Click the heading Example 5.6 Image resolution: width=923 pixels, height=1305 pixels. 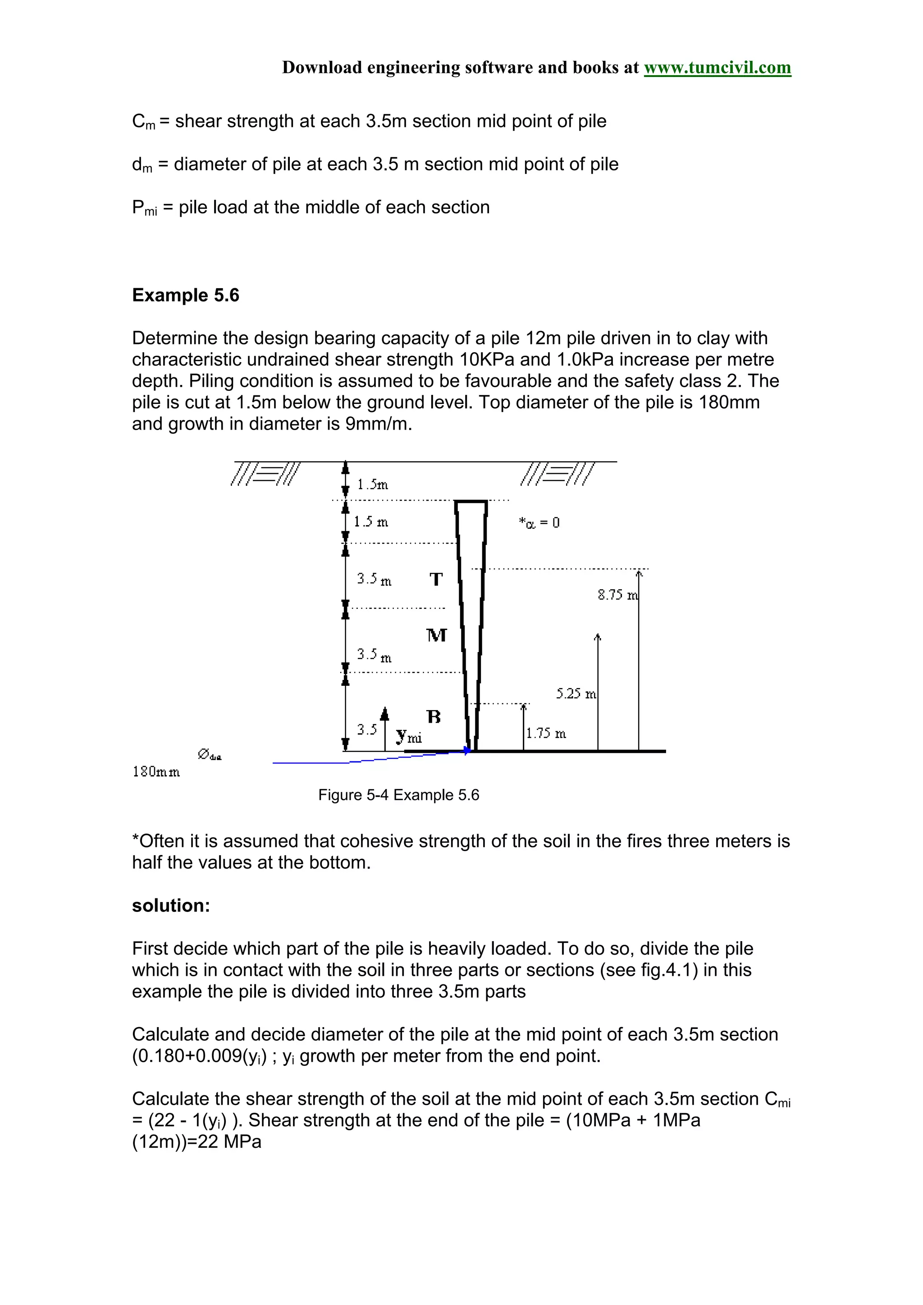[x=185, y=295]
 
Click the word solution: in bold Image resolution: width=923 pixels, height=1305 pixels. [x=171, y=906]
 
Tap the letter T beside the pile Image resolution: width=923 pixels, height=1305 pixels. [x=436, y=579]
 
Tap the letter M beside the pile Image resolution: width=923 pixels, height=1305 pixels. [x=436, y=635]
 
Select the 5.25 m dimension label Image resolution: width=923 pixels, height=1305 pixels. [x=576, y=693]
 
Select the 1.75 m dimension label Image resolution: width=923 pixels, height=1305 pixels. [x=546, y=733]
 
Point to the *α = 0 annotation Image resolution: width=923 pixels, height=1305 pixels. [x=539, y=522]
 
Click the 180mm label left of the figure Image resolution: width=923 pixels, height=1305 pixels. [x=156, y=772]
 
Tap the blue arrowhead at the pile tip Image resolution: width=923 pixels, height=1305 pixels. [x=467, y=751]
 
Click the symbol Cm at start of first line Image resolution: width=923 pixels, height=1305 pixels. [x=143, y=122]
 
